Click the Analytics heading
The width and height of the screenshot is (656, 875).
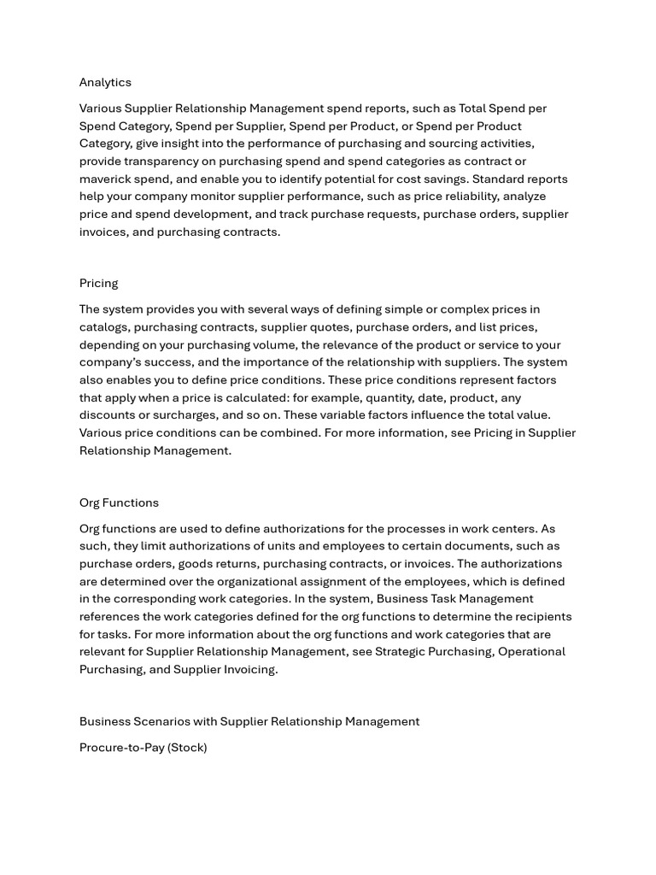[105, 82]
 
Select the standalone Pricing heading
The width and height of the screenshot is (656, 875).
[98, 283]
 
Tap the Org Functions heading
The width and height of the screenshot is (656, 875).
[119, 502]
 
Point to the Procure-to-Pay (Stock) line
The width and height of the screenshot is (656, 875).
[143, 748]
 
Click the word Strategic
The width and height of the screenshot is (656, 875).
[403, 652]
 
